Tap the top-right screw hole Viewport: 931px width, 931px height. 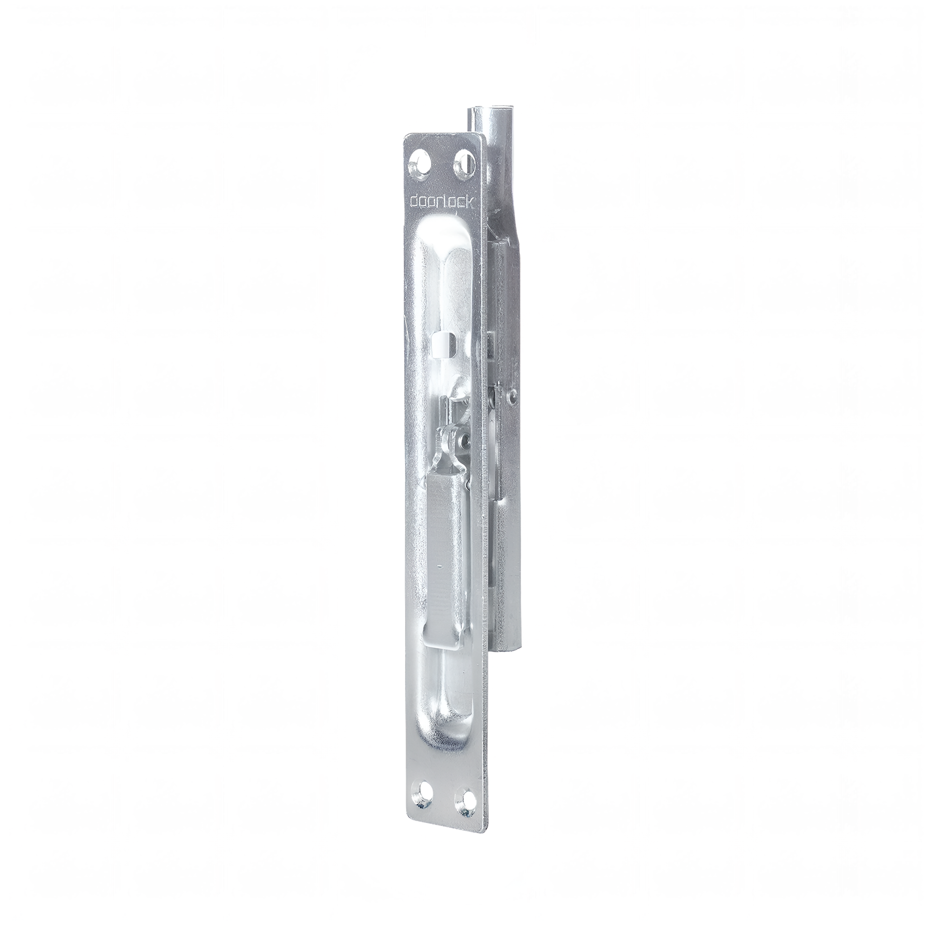(x=463, y=168)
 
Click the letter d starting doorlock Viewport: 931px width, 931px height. (x=413, y=202)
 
